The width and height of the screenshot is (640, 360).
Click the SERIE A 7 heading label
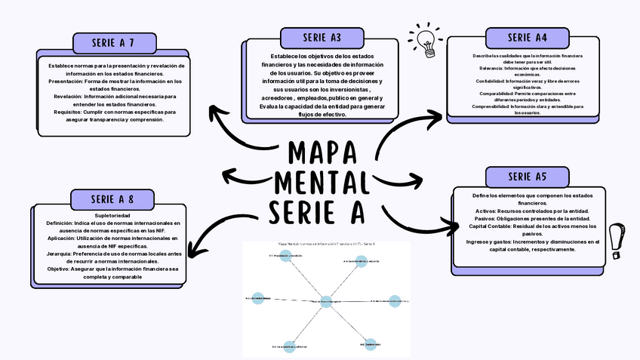point(114,42)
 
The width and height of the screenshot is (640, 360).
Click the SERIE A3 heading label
point(322,38)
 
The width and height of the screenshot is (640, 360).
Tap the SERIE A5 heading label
point(527,177)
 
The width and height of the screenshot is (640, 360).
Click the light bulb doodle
point(426,39)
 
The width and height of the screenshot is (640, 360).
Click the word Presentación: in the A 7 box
point(64,82)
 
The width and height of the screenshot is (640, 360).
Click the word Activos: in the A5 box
point(491,211)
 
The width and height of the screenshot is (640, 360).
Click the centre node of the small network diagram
point(326,301)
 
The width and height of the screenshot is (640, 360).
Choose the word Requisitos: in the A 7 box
point(66,112)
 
